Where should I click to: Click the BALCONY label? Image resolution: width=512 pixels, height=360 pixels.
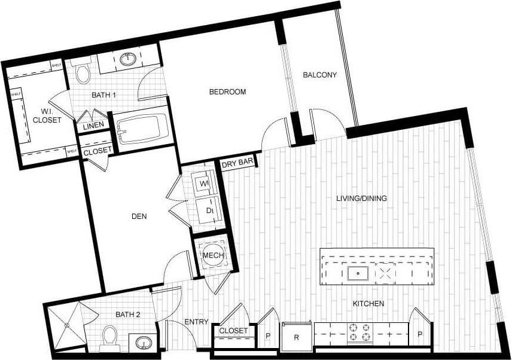319,75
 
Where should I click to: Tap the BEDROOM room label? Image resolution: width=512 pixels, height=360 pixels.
227,91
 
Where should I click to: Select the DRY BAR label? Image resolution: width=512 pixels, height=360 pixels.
237,163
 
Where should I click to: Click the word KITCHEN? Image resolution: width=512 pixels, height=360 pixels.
368,304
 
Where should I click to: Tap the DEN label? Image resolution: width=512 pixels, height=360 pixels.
138,216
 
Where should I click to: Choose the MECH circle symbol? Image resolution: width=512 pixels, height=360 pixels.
213,256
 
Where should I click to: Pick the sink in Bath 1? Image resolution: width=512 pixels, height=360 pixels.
128,60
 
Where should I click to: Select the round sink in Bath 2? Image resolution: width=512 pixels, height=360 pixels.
144,343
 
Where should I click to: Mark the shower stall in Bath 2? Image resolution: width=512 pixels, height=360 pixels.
64,326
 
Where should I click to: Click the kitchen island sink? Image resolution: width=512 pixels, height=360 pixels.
358,273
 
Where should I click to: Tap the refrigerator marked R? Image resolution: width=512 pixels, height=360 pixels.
297,336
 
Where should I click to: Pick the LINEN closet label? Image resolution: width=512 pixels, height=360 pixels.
93,125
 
